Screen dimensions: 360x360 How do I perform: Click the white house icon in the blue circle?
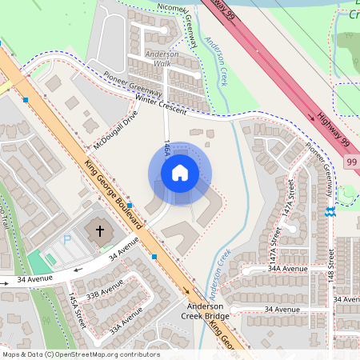click(x=180, y=173)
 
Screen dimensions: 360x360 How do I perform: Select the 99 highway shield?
click(x=352, y=162)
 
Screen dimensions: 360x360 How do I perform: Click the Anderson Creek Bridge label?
click(x=208, y=311)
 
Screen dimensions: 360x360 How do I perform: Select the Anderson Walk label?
click(x=162, y=58)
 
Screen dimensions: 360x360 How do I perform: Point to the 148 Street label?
click(x=330, y=268)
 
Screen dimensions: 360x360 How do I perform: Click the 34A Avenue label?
click(x=288, y=270)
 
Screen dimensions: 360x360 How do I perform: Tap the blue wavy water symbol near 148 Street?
click(x=330, y=212)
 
